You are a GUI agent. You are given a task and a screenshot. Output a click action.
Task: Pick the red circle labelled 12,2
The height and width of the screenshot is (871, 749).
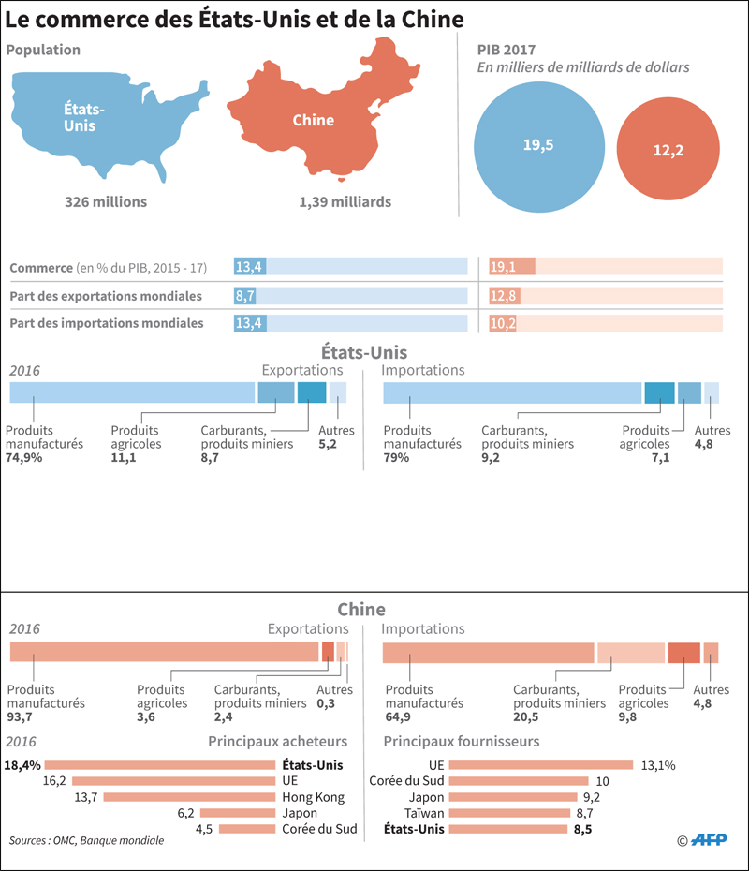point(668,149)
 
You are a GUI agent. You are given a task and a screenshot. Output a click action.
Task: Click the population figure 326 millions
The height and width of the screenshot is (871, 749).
point(106,202)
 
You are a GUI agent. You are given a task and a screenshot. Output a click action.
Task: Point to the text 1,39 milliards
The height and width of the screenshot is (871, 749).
point(345,202)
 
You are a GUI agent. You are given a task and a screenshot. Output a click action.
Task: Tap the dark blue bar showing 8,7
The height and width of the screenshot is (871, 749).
point(250,296)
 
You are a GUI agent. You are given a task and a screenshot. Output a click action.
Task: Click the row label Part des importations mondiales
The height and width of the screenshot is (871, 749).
point(107,324)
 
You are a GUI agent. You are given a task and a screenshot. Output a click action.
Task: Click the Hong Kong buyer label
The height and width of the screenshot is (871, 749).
point(313,797)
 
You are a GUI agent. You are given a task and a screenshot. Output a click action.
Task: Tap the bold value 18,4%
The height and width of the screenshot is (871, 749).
point(22,765)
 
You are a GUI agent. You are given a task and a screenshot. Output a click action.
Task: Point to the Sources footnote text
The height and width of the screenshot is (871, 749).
point(86,841)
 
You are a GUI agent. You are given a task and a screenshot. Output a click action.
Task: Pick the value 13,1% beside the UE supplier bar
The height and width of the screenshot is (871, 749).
point(658,765)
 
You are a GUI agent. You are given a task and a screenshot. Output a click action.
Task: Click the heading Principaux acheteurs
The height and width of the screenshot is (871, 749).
point(277,742)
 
